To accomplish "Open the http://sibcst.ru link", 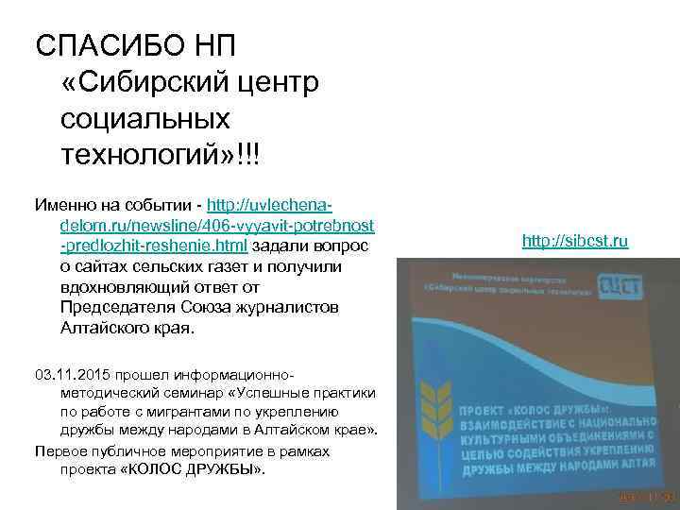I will pyautogui.click(x=575, y=243).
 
